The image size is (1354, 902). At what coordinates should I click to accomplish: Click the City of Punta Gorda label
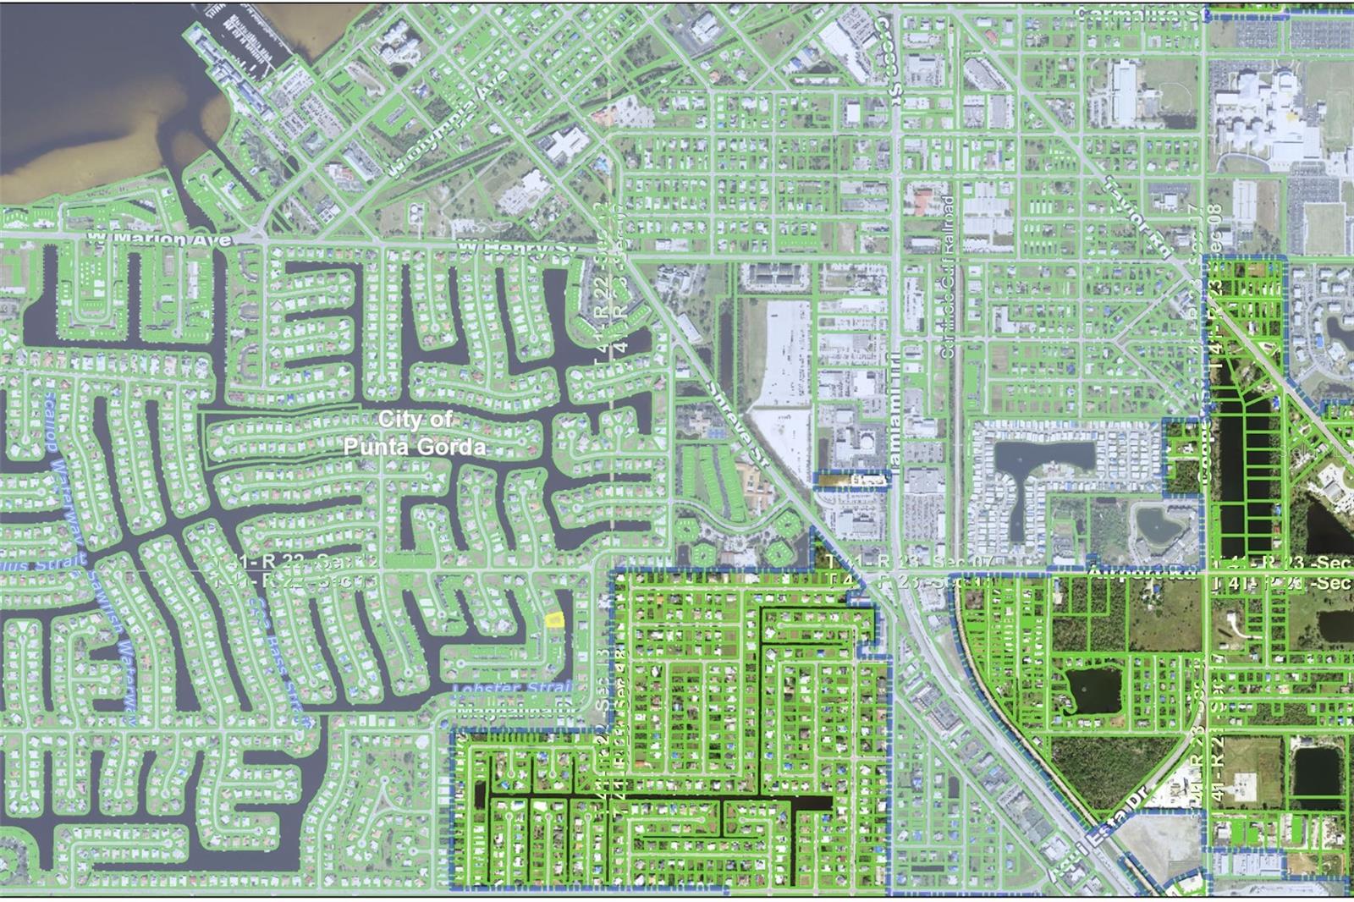point(415,432)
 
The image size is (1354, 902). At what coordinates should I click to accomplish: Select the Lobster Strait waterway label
point(512,689)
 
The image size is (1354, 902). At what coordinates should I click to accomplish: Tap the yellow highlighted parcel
point(553,619)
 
